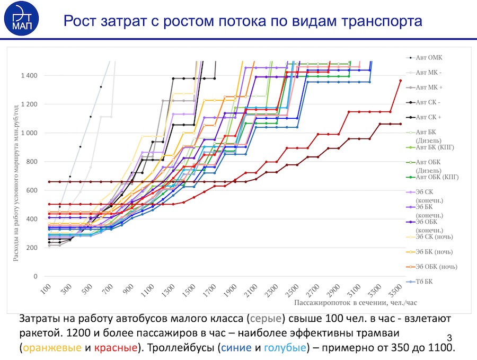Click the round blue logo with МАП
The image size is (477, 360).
pyautogui.click(x=21, y=18)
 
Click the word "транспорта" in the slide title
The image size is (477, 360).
pyautogui.click(x=382, y=21)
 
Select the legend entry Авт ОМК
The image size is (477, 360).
pyautogui.click(x=425, y=57)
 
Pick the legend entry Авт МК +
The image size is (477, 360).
pyautogui.click(x=425, y=87)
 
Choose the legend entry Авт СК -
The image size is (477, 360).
pyautogui.click(x=423, y=102)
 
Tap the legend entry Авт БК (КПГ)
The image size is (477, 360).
pyautogui.click(x=430, y=147)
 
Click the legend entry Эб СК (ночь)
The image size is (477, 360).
pyautogui.click(x=429, y=237)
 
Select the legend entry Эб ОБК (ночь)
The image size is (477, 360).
pyautogui.click(x=431, y=267)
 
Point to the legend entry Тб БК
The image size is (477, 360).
pyautogui.click(x=419, y=282)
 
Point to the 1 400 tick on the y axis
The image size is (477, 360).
pyautogui.click(x=29, y=75)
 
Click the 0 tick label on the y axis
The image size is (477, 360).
pyautogui.click(x=36, y=276)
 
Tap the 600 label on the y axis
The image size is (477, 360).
pyautogui.click(x=32, y=190)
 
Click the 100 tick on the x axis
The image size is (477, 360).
pyautogui.click(x=46, y=289)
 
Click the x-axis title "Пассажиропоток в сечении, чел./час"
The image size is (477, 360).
pyautogui.click(x=355, y=303)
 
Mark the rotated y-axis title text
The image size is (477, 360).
pyautogui.click(x=16, y=183)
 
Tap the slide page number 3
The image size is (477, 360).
pyautogui.click(x=449, y=338)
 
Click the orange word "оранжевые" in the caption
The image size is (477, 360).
pyautogui.click(x=52, y=347)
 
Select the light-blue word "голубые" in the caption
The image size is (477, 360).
pyautogui.click(x=285, y=347)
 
